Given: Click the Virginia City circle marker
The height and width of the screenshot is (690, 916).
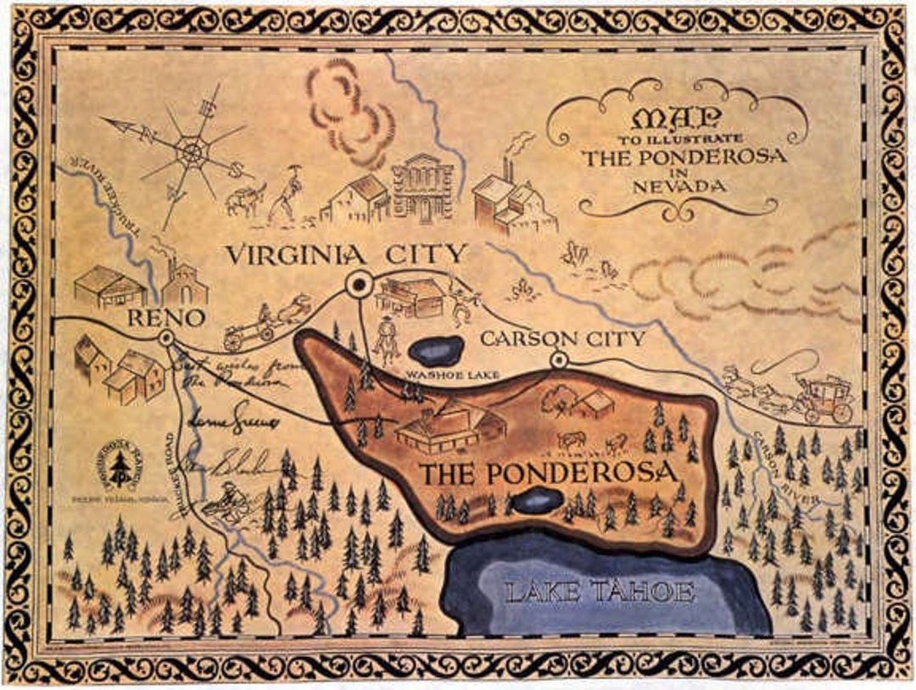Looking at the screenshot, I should (360, 284).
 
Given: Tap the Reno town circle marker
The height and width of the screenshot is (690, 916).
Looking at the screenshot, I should (166, 338).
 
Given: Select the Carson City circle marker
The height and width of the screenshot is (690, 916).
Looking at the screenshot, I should (558, 361).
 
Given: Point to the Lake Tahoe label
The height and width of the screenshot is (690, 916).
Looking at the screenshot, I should (600, 593).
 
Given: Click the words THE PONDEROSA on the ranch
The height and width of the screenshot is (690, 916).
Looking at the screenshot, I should (549, 473).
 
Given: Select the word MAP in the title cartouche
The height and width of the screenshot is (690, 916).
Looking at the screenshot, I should (676, 118).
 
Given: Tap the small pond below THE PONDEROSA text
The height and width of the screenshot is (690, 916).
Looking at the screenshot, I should (537, 500).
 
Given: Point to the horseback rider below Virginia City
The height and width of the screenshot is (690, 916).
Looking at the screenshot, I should (387, 338).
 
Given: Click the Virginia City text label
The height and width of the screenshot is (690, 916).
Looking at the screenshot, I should (348, 253).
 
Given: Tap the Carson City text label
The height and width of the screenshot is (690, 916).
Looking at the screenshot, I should (562, 338).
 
